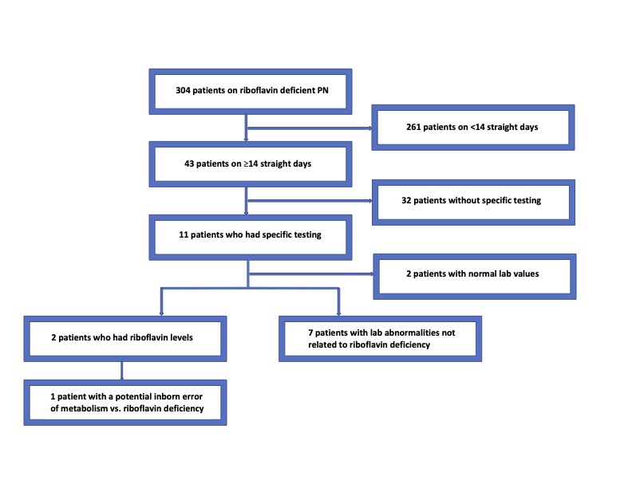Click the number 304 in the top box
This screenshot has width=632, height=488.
183,90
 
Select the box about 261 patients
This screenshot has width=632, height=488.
473,128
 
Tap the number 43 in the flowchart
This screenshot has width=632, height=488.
189,164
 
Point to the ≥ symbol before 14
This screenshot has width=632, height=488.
246,164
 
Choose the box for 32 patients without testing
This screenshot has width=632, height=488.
473,202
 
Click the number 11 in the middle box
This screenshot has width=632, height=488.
184,234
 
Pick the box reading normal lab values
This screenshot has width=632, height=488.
475,277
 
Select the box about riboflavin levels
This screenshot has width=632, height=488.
125,339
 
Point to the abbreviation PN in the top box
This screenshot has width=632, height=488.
323,90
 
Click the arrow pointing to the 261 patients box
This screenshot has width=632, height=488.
310,128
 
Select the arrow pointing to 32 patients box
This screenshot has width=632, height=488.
310,200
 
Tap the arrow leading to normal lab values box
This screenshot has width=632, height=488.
311,274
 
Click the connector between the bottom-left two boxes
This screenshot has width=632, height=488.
122,371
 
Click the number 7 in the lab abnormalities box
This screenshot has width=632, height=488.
310,333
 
